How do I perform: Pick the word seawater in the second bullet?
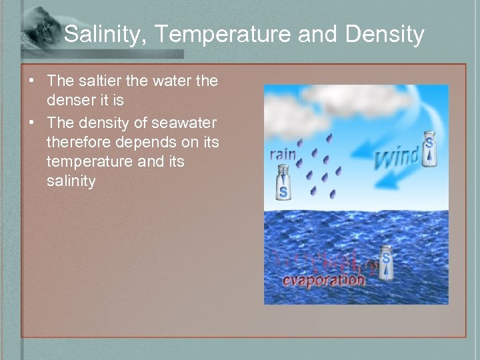click(x=183, y=123)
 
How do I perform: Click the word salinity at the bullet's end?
click(x=71, y=181)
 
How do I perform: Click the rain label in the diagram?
click(x=283, y=154)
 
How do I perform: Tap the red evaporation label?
click(x=323, y=279)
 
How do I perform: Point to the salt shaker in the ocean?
click(x=385, y=265)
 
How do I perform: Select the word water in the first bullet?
click(x=174, y=81)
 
